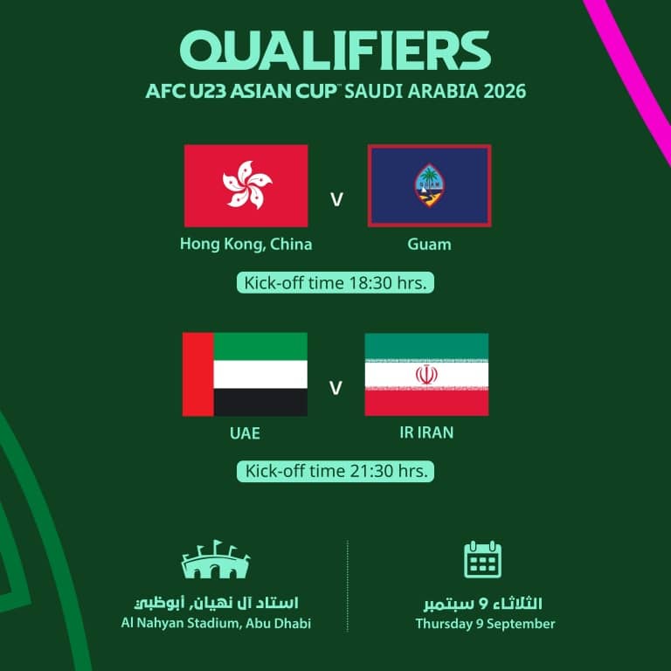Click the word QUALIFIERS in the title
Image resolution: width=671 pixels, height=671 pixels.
pyautogui.click(x=335, y=51)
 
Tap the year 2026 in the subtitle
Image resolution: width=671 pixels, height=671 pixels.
pyautogui.click(x=505, y=91)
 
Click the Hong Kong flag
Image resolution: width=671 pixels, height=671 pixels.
pyautogui.click(x=246, y=186)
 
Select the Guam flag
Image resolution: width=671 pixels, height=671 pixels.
pyautogui.click(x=429, y=186)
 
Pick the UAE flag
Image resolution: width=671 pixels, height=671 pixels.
pyautogui.click(x=245, y=375)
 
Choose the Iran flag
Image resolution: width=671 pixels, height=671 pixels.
pyautogui.click(x=426, y=375)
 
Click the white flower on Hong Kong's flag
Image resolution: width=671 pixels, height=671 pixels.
pyautogui.click(x=247, y=185)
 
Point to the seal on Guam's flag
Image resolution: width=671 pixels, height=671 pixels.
pyautogui.click(x=429, y=185)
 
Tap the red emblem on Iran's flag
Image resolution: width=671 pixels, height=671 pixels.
pyautogui.click(x=426, y=375)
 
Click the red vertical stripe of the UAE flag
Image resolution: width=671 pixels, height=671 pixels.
pyautogui.click(x=198, y=375)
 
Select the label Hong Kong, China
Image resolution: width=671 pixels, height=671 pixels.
pyautogui.click(x=246, y=244)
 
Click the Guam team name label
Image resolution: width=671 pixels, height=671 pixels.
pyautogui.click(x=429, y=245)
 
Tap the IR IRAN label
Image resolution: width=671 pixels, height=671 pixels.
pyautogui.click(x=426, y=432)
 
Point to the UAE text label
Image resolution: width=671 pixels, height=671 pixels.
pyautogui.click(x=245, y=433)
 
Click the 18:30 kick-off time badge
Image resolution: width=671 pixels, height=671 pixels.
pyautogui.click(x=335, y=282)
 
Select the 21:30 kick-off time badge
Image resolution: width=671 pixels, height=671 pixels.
pyautogui.click(x=335, y=471)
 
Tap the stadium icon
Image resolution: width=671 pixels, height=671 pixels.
pyautogui.click(x=216, y=559)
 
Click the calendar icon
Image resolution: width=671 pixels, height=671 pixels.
pyautogui.click(x=482, y=559)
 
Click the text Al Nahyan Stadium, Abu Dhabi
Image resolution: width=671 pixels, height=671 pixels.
pyautogui.click(x=216, y=623)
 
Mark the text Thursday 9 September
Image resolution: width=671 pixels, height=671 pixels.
pyautogui.click(x=485, y=624)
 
